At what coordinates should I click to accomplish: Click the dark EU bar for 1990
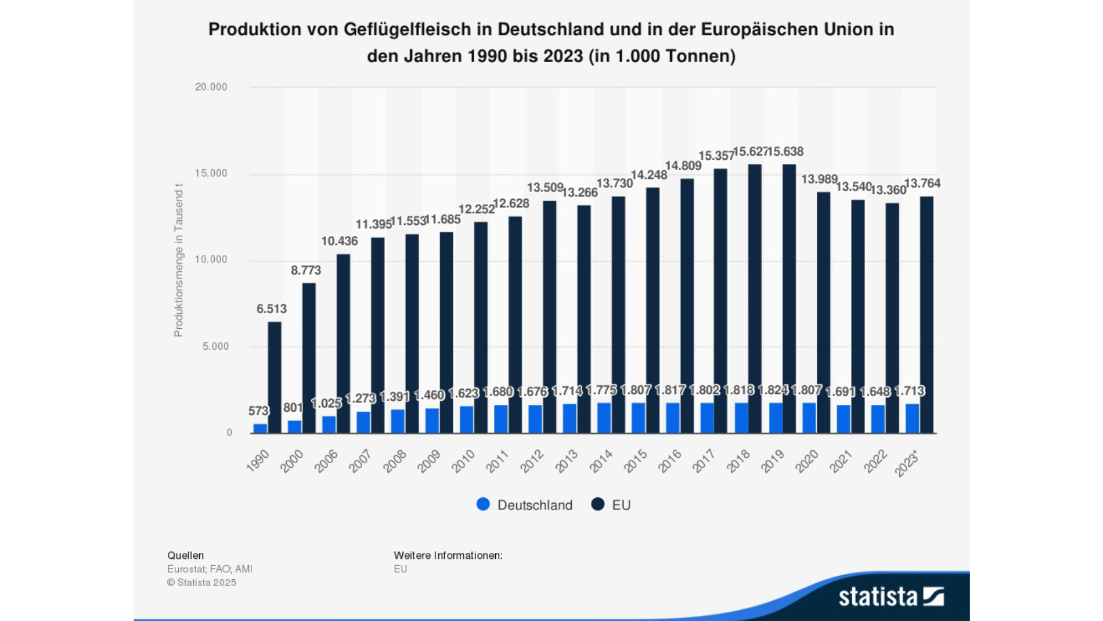pos(274,378)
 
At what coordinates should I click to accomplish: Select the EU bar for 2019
pos(789,299)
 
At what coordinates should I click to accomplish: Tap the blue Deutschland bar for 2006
pos(329,425)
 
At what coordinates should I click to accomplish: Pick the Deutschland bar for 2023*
pos(912,419)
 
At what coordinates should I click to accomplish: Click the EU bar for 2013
pos(583,319)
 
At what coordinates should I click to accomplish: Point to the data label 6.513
pos(272,309)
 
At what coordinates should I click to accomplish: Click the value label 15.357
pos(716,156)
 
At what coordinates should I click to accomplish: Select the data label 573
pos(258,411)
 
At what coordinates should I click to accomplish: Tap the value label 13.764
pos(922,184)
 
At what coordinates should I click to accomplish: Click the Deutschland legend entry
pos(524,505)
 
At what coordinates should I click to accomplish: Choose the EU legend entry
pos(611,505)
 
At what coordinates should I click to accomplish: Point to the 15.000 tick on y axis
pos(211,174)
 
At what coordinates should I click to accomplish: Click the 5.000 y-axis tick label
pos(215,347)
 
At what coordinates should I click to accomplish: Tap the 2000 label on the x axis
pos(291,462)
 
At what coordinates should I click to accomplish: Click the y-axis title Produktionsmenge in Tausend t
pos(178,260)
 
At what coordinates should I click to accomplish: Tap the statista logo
pos(891,597)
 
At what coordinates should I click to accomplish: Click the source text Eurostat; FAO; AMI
pos(210,569)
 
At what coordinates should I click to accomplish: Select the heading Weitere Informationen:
pos(448,555)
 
